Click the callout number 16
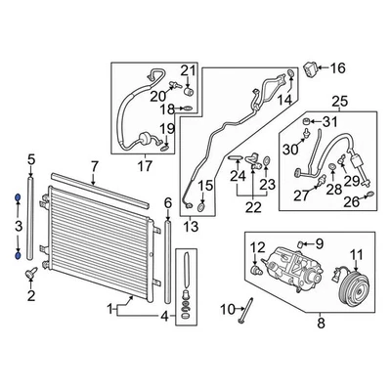point(337,68)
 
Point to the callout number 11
point(355,255)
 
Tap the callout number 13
point(190,226)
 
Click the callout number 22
point(253,206)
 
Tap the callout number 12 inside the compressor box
point(258,247)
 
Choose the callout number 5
point(30,159)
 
